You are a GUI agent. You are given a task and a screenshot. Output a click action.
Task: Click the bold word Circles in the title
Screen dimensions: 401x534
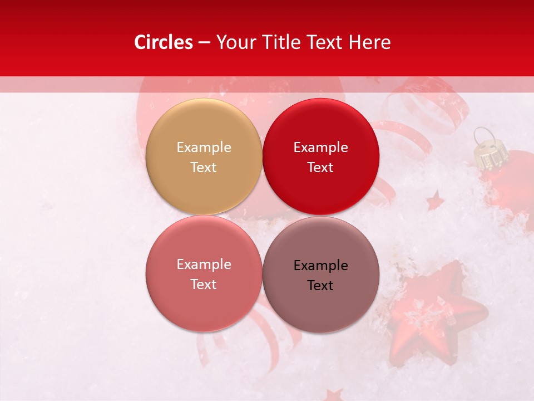(164, 42)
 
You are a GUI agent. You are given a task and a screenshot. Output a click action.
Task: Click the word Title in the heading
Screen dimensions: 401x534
(280, 42)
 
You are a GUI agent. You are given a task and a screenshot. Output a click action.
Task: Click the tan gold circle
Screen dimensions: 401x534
(204, 157)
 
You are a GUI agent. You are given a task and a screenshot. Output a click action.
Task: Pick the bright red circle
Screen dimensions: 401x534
(320, 157)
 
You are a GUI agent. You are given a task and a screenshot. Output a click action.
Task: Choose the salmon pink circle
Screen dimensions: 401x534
(204, 273)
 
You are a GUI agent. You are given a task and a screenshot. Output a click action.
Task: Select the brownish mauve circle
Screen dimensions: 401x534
(320, 275)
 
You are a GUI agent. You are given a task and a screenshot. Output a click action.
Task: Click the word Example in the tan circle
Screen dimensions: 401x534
(204, 147)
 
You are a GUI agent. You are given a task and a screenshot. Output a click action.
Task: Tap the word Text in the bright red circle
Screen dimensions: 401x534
(320, 167)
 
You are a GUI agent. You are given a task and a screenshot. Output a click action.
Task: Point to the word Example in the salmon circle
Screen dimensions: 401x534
(204, 264)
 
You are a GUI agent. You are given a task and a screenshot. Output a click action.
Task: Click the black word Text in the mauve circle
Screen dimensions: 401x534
(320, 285)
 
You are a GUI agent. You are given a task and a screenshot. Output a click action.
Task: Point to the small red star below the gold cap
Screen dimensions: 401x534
(435, 200)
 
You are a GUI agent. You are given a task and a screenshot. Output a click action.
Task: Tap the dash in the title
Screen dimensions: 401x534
(204, 43)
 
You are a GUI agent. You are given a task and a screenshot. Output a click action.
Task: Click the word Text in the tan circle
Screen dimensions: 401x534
(204, 167)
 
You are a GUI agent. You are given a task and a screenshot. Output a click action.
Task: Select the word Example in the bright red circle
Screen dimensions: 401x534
(320, 147)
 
